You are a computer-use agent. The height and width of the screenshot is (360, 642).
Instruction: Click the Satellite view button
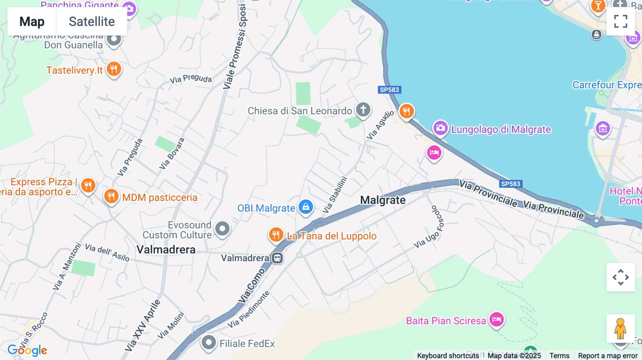coord(92,22)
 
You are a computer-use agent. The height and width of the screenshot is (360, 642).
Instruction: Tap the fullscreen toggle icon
coord(621,21)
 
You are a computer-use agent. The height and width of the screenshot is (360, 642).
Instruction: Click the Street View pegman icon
coord(621,328)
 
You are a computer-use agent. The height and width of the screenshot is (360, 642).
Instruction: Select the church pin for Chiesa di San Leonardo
coord(363,109)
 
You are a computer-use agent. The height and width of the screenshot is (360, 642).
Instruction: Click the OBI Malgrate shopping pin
coord(306,207)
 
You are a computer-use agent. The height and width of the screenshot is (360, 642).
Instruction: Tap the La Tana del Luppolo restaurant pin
coord(276,235)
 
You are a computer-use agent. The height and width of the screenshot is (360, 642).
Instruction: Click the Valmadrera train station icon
coord(277,258)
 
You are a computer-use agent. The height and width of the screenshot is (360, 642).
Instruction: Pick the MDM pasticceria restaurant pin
coord(111,196)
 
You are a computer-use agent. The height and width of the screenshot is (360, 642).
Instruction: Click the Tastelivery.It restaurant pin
coord(114,69)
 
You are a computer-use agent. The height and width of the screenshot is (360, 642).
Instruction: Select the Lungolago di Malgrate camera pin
coord(440,128)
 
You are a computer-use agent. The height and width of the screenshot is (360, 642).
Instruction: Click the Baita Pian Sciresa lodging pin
coord(496,319)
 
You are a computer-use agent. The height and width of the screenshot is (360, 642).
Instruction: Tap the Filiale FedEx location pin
coord(209,343)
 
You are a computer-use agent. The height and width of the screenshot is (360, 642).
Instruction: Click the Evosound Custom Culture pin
coord(223,228)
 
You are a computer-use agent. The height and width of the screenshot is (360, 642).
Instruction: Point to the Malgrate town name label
coord(383,200)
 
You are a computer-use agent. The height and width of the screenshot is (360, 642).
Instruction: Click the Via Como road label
coord(252,286)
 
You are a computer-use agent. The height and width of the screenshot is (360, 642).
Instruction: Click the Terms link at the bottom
coord(559,355)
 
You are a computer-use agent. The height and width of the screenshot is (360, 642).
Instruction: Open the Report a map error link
coord(608,355)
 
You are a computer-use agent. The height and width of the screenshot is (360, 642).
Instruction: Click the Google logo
coord(27,350)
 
